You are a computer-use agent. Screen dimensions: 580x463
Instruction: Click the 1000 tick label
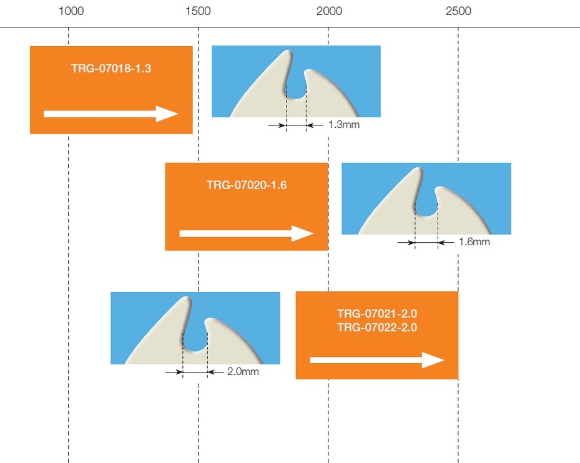pos(71,11)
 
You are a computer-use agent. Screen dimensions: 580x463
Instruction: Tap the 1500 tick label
pos(199,11)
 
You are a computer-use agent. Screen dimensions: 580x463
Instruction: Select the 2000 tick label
pos(329,11)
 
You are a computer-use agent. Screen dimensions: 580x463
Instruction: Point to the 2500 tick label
pos(459,11)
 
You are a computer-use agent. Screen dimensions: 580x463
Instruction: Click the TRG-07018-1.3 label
pos(111,69)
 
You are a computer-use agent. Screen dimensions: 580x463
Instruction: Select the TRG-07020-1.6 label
pos(247,185)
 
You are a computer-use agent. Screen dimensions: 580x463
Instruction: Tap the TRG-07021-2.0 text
pos(377,314)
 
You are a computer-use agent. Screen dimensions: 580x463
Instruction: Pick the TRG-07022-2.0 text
pos(377,327)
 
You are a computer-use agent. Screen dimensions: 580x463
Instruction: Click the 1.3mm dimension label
pos(344,125)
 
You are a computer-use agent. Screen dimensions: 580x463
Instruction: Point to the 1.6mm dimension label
pos(474,242)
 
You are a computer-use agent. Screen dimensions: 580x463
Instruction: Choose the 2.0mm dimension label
pos(243,371)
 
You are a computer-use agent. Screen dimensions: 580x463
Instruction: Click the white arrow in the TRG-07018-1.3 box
pos(111,114)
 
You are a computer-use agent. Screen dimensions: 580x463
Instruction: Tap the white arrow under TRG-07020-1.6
pos(247,233)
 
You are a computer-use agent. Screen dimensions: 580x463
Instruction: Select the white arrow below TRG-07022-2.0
pos(377,360)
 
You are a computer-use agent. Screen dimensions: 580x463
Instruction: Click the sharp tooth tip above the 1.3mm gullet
pos(288,51)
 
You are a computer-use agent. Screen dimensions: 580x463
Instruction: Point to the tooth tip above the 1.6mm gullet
pos(418,168)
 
